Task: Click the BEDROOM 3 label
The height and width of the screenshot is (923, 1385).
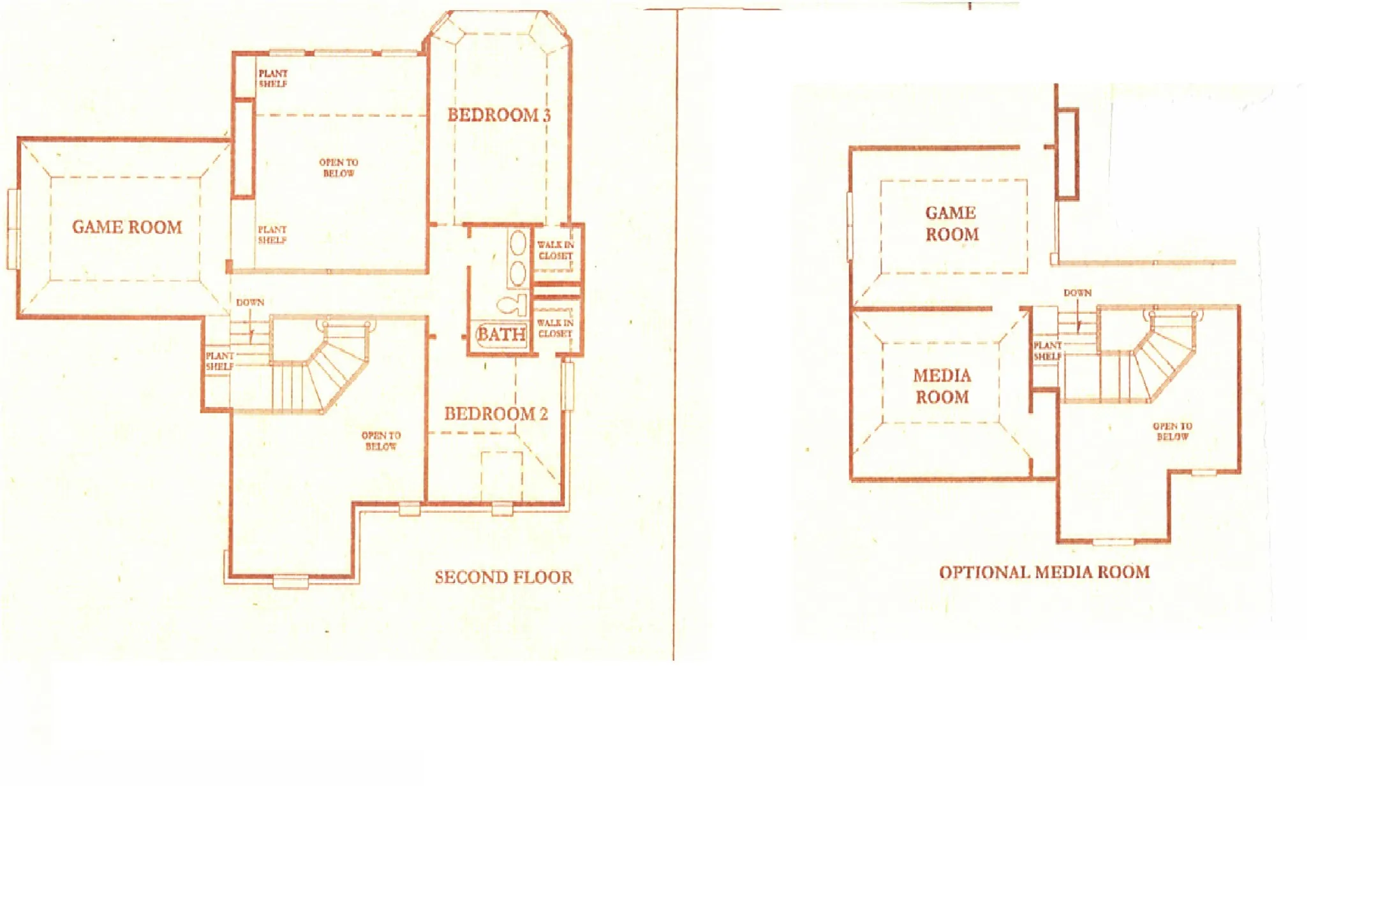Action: coord(498,115)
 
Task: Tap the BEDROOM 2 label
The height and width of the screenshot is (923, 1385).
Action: coord(496,414)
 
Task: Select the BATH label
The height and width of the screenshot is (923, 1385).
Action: coord(501,334)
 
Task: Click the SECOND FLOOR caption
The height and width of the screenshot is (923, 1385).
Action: coord(503,577)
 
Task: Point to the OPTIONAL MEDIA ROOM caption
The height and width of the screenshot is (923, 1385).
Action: coord(1044,572)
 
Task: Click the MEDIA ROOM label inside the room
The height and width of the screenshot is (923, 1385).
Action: coord(942,386)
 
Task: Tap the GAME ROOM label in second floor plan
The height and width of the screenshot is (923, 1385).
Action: coord(127,227)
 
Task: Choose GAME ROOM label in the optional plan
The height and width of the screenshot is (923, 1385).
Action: coord(951,223)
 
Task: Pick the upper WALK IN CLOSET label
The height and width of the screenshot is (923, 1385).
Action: coord(555,250)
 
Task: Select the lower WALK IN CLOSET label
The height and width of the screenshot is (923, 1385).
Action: coord(555,328)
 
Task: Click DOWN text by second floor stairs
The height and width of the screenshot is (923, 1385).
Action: coord(250,302)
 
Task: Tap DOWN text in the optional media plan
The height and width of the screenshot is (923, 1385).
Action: coord(1078,293)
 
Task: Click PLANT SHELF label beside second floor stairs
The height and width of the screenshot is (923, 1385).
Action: coord(219,361)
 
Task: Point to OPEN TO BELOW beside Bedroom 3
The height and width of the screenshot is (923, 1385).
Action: coord(339,168)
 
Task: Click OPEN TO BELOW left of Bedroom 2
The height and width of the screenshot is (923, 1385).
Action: coord(381,441)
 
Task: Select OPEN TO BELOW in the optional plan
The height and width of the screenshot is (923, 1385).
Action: coord(1173,431)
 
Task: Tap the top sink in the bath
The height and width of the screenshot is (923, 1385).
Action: coord(517,244)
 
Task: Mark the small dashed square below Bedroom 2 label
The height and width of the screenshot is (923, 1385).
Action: coord(502,476)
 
